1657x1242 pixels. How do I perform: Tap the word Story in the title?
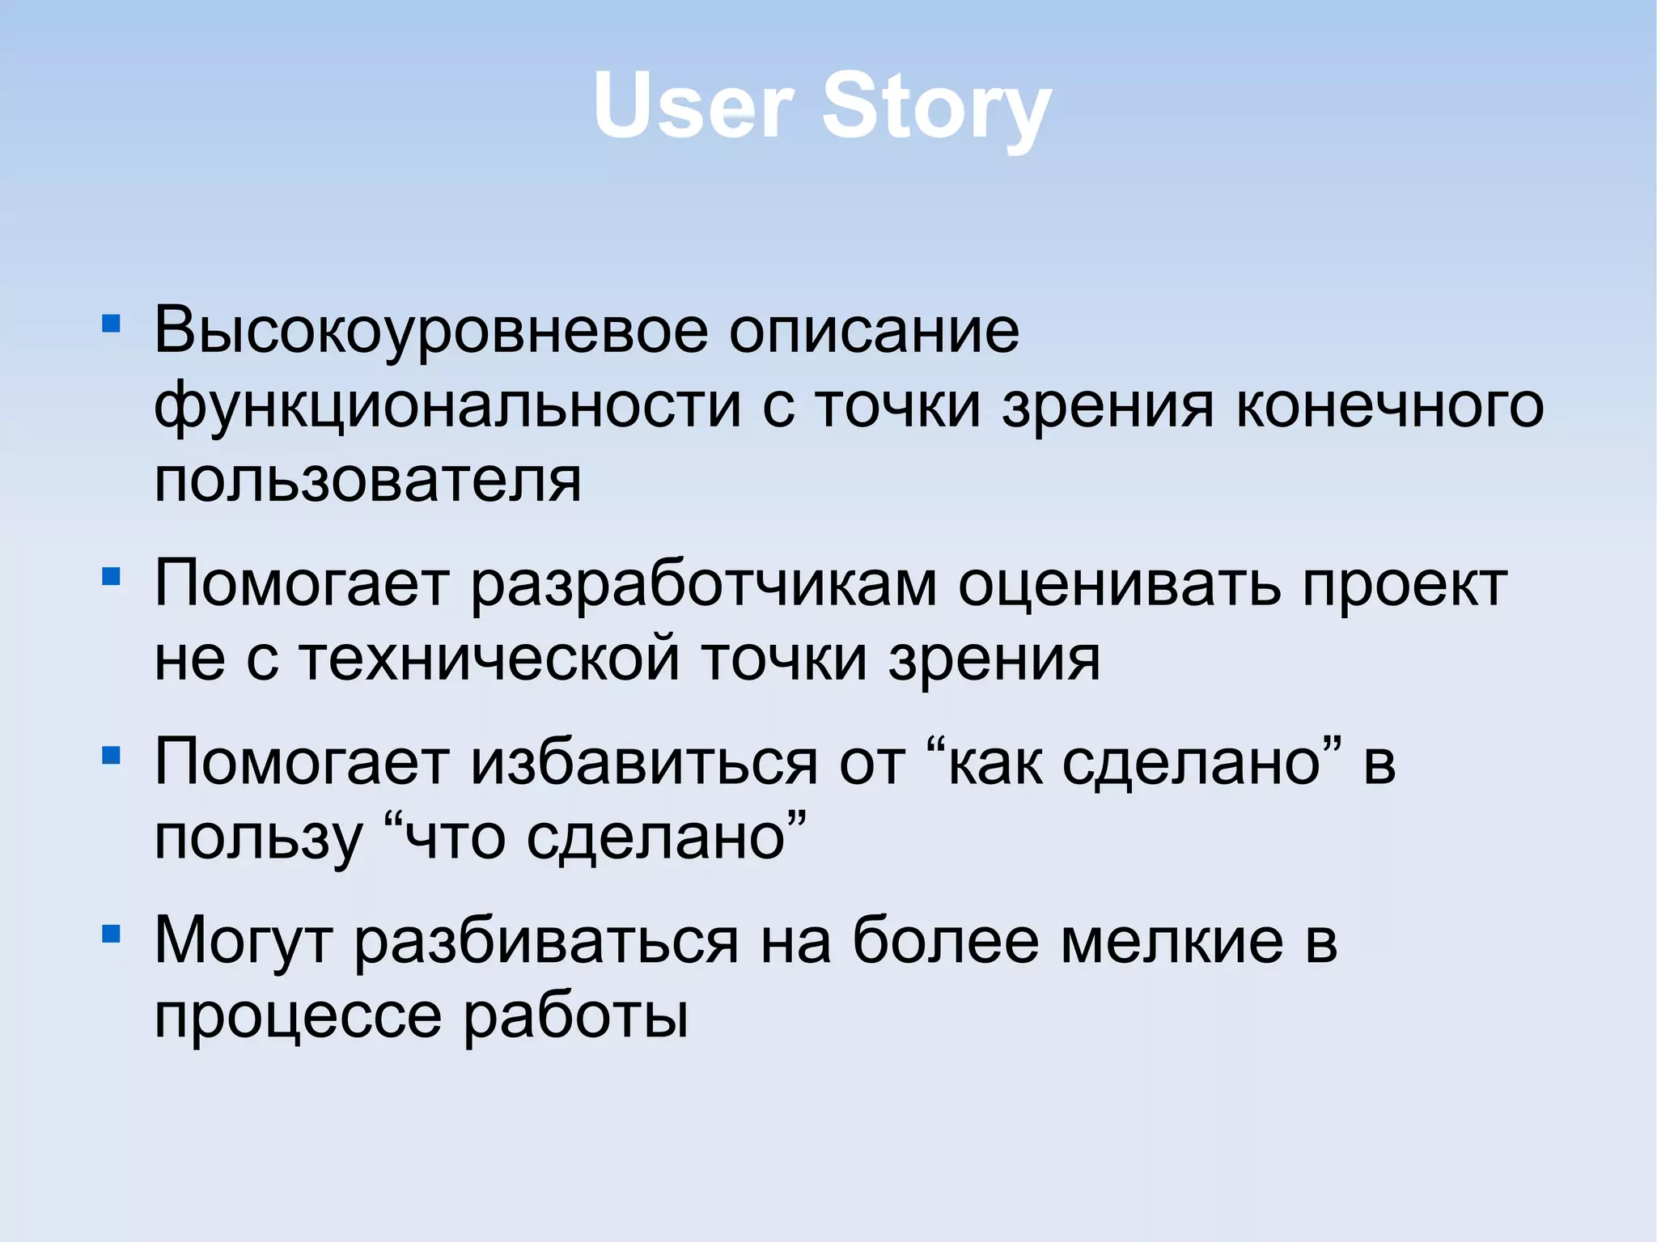937,109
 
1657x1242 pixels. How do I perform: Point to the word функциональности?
447,407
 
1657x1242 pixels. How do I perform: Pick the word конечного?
1390,405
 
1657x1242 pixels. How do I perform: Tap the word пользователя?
367,480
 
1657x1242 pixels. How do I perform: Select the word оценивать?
1120,584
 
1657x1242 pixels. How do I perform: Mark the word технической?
489,659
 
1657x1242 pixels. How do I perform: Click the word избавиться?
645,763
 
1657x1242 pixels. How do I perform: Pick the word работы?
575,1016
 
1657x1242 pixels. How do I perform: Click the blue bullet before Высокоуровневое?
111,325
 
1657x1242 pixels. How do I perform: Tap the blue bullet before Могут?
111,935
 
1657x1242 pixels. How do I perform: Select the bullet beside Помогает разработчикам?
111,577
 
